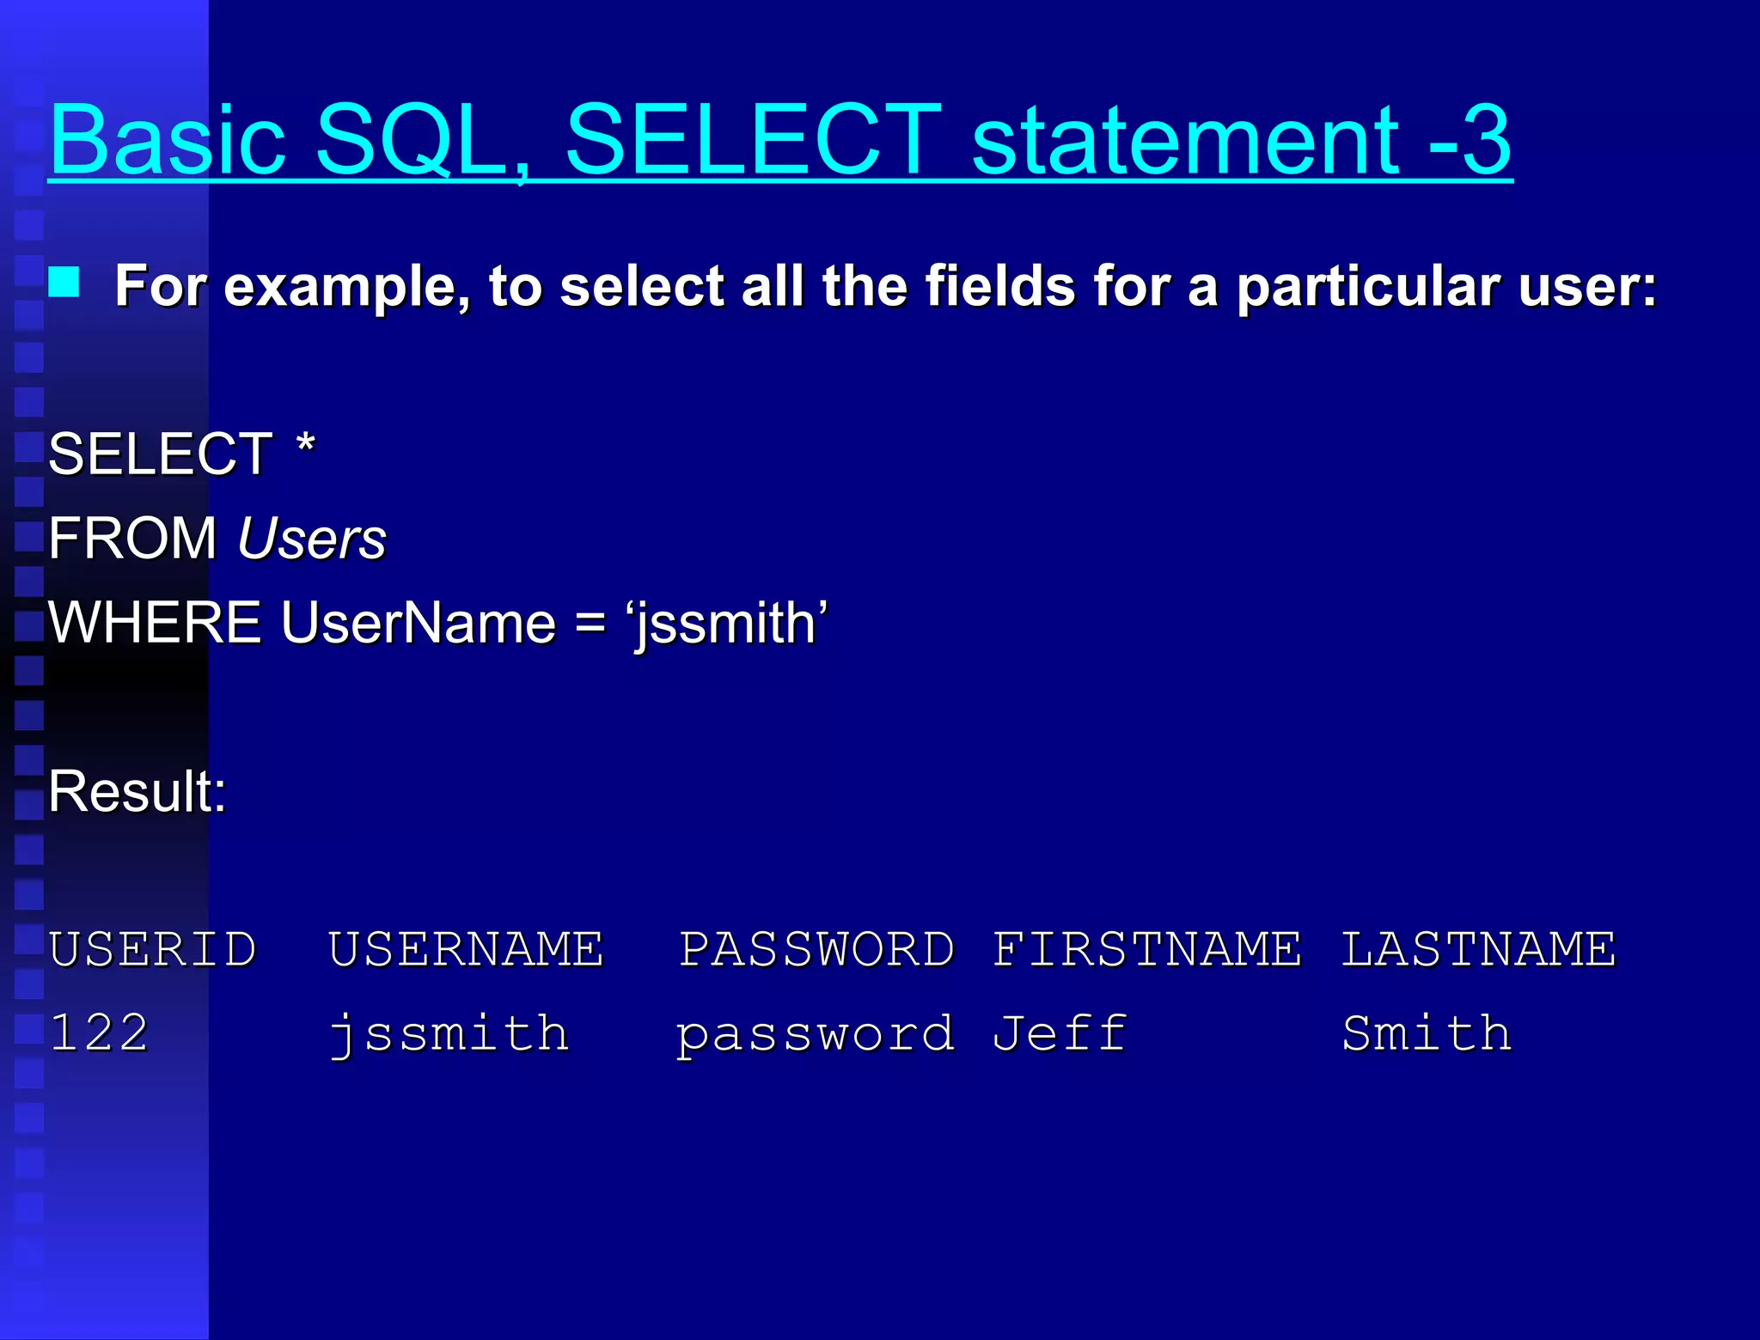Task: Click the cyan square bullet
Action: coord(64,282)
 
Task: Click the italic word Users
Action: coord(311,539)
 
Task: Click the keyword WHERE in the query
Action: coord(155,622)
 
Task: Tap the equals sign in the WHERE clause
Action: coord(590,622)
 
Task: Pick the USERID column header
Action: coord(153,949)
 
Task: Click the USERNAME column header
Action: coord(466,949)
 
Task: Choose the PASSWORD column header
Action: coord(816,949)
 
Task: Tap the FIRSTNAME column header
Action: coord(1147,949)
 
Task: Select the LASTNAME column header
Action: coord(1478,949)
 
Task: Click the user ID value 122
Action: coord(99,1032)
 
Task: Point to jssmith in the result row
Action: coord(449,1034)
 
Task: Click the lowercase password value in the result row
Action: coord(815,1034)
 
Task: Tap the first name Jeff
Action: coord(1060,1032)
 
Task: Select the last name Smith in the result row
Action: coord(1427,1032)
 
